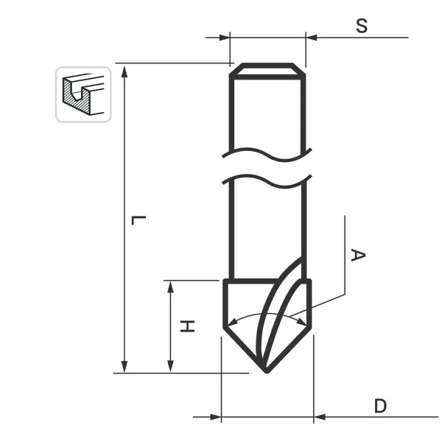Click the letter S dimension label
(362, 26)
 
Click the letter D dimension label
(380, 406)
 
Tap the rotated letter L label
(138, 220)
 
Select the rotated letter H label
(187, 326)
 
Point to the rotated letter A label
(358, 255)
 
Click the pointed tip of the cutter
(267, 372)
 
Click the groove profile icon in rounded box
(83, 94)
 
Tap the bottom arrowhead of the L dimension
(124, 366)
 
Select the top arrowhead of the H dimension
(170, 287)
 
